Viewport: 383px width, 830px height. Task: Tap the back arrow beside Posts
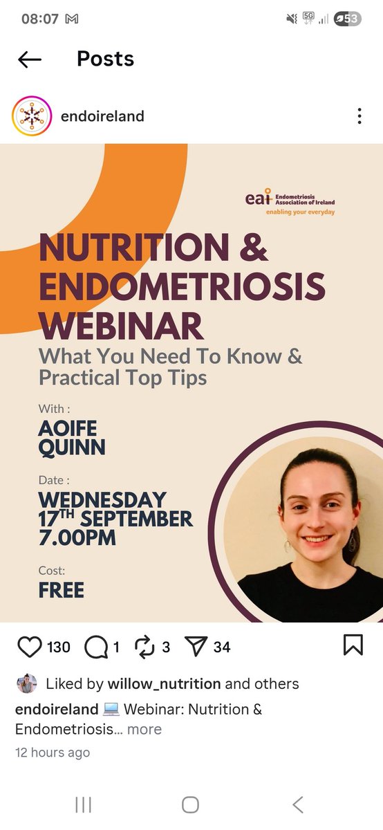pos(30,59)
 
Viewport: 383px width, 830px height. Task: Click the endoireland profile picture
pos(32,116)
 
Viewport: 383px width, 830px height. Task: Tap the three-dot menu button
pos(359,116)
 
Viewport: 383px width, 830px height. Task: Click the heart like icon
pos(29,647)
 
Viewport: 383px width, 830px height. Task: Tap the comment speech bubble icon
pos(96,647)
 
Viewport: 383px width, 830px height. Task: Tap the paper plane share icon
pos(196,647)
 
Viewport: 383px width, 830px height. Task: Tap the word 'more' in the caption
pos(144,729)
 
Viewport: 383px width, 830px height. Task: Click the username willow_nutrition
pos(165,684)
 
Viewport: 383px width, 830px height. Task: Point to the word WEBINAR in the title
pos(122,325)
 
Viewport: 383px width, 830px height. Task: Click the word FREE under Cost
pos(62,590)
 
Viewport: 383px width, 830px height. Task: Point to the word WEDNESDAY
pos(102,499)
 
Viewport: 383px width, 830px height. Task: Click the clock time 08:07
pos(40,19)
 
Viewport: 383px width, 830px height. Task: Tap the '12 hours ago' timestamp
pos(53,752)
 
